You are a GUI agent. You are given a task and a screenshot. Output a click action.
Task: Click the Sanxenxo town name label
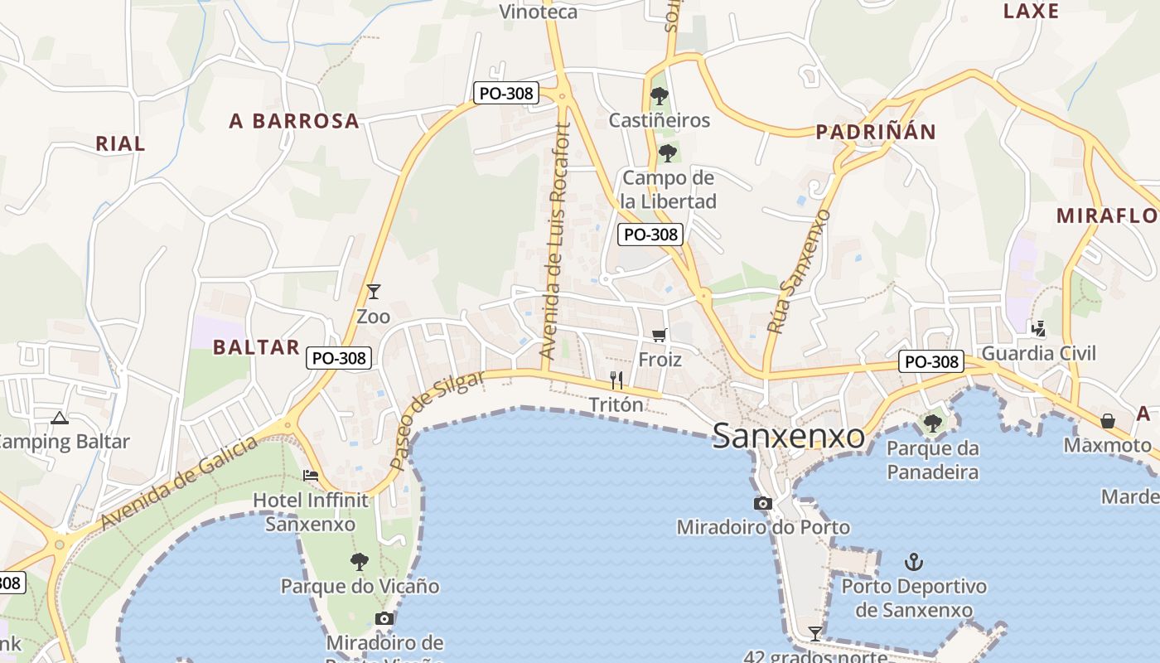coord(788,436)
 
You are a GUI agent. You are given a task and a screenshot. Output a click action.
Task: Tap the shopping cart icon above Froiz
coord(660,336)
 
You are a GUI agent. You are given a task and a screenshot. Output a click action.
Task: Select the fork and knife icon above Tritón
coord(616,380)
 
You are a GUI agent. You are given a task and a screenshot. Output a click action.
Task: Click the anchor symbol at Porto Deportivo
coord(913,562)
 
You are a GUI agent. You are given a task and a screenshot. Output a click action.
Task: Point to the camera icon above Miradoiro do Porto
coord(763,503)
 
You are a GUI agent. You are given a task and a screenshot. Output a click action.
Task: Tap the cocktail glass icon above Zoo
coord(374,292)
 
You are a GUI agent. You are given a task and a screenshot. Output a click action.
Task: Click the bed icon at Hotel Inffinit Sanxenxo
coord(311,476)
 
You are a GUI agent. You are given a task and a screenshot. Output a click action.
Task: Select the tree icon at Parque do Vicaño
coord(359,562)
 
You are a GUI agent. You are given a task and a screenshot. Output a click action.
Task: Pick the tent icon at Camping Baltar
coord(59,418)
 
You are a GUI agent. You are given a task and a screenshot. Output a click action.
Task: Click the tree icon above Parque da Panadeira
coord(933,423)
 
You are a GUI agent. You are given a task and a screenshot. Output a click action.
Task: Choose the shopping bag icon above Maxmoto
coord(1108,421)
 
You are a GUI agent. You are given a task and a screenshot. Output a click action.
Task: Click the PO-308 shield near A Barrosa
coord(506,94)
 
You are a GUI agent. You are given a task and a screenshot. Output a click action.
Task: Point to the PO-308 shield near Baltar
coord(339,358)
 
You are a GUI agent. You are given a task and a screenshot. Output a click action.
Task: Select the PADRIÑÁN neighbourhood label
coord(875,132)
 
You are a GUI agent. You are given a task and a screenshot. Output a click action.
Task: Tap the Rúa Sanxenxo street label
coord(797,272)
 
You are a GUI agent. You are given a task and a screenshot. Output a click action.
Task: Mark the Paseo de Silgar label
coord(437,420)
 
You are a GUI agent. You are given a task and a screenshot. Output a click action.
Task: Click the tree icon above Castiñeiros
coord(660,96)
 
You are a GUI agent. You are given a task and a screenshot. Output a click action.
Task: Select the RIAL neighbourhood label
coord(120,143)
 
